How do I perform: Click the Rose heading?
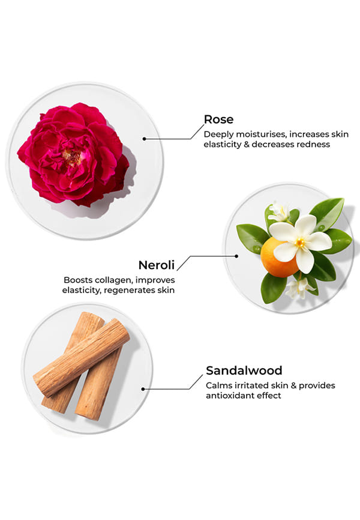218,119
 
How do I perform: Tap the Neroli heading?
158,265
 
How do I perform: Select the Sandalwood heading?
244,370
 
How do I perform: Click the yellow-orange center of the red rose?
72,157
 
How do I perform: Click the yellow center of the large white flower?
300,243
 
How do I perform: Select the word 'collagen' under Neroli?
111,280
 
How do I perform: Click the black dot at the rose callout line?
145,138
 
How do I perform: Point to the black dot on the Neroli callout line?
237,256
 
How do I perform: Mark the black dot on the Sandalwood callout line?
143,388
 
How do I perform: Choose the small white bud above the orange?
279,211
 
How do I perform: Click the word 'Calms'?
217,385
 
